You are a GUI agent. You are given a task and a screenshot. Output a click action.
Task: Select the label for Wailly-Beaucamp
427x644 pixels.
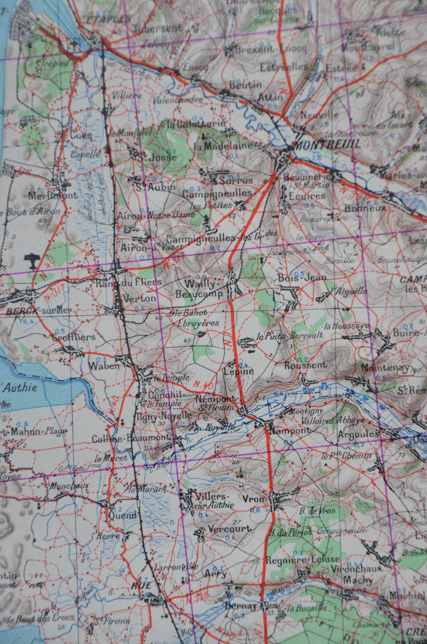200,289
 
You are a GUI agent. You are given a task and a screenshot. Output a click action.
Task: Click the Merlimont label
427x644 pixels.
53,195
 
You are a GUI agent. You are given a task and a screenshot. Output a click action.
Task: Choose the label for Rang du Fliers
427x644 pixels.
129,282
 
